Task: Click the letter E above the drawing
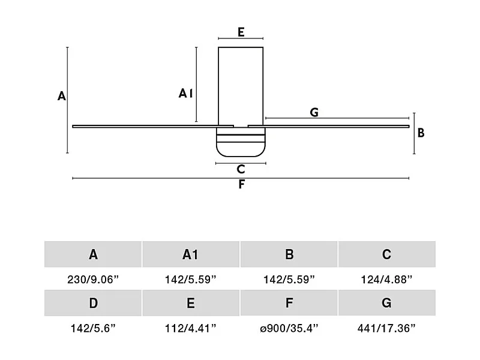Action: point(241,32)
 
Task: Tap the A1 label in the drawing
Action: point(185,93)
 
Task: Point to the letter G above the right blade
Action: point(314,112)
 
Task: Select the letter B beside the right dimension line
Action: point(421,133)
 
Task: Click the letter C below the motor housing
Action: point(241,169)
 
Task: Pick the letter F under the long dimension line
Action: point(242,184)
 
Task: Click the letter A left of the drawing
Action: point(62,96)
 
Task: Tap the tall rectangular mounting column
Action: point(241,86)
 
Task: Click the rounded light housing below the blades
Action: point(241,142)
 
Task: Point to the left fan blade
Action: point(153,126)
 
